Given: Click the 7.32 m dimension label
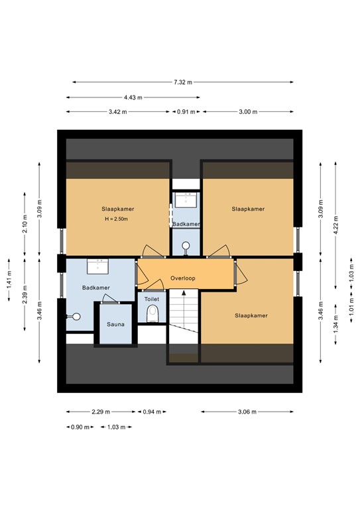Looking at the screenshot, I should click(183, 82).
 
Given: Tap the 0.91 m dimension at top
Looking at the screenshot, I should click(186, 112).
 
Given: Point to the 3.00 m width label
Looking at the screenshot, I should click(247, 112).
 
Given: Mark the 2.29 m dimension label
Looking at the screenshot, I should click(101, 412).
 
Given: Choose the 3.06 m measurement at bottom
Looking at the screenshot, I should click(247, 412).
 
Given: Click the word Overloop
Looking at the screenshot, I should click(182, 278).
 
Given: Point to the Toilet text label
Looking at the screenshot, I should click(152, 299).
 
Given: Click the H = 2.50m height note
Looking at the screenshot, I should click(115, 219).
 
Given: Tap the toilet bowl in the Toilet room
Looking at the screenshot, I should click(152, 313).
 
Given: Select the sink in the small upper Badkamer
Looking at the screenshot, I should click(186, 199).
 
